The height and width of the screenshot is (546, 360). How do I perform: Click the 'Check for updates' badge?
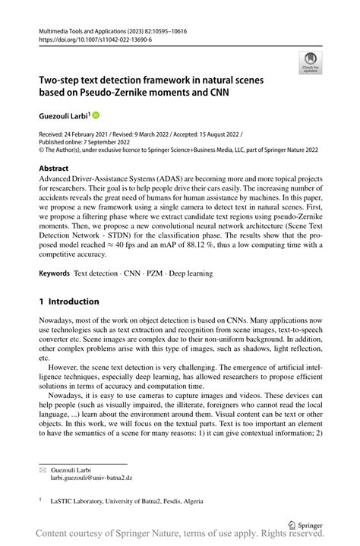click(311, 62)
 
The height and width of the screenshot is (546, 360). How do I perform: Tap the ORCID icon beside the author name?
click(96, 115)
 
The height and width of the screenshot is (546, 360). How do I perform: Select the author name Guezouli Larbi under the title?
click(62, 115)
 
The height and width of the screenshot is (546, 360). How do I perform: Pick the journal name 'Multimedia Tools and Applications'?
click(87, 27)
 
